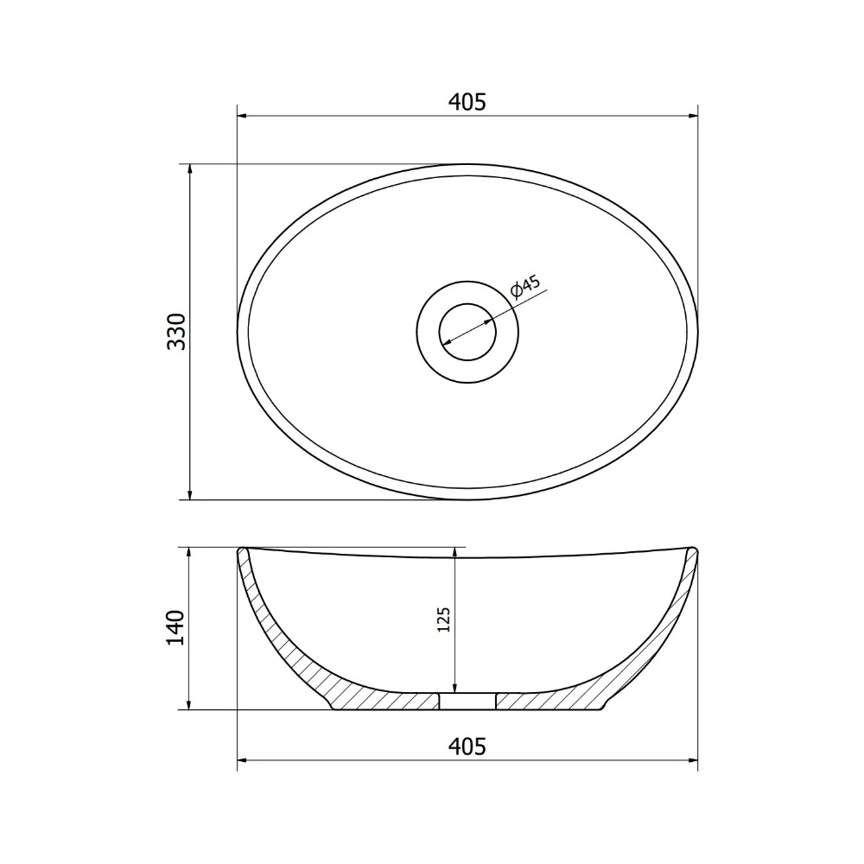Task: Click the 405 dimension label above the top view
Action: pos(467,103)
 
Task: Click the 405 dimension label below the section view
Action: pos(467,746)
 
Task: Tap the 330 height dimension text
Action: pos(177,332)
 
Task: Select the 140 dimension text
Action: pos(175,628)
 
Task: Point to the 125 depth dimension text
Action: pos(443,619)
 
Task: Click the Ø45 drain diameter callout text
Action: pos(525,286)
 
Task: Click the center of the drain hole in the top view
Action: pos(467,332)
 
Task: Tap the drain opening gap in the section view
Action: pos(467,701)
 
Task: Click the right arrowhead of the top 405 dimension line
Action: pos(693,117)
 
